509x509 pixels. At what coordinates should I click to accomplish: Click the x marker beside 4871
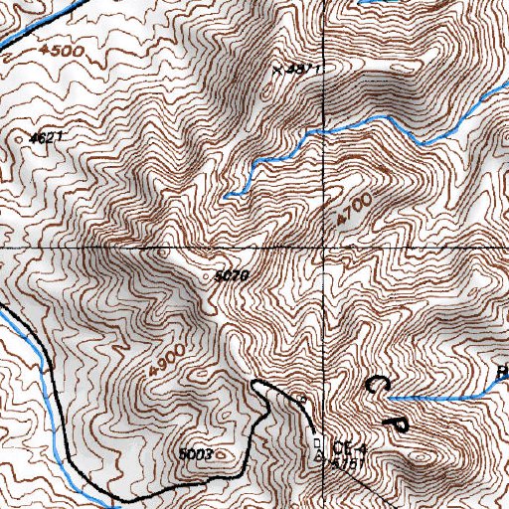(x=277, y=70)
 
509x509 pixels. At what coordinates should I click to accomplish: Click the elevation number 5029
(x=231, y=275)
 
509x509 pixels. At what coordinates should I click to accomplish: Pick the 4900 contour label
(x=167, y=358)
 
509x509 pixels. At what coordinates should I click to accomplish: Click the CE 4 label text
(x=344, y=446)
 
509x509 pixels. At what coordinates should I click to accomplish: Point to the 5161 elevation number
(x=344, y=462)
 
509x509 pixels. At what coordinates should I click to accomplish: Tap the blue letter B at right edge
(x=502, y=374)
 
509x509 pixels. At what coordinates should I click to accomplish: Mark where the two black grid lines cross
(x=326, y=245)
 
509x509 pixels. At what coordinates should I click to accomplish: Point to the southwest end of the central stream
(x=226, y=197)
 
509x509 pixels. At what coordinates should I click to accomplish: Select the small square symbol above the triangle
(x=318, y=441)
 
